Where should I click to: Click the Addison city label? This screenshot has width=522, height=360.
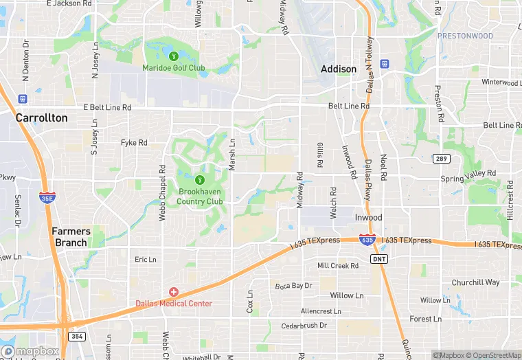339,69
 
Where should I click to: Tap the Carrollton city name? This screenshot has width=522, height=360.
42,117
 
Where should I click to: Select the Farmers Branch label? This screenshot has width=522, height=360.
71,237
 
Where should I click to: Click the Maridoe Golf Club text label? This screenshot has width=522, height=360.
174,67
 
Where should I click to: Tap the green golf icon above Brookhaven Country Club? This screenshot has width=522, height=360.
200,180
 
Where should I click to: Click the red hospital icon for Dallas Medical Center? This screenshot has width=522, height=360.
174,292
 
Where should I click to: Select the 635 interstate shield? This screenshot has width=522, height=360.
367,240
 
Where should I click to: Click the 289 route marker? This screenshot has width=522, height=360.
441,159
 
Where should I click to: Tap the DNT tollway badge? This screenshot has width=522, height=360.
378,258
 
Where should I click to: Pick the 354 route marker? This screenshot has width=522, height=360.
77,336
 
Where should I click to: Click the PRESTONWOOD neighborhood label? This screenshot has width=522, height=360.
464,36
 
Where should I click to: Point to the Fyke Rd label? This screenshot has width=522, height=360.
134,143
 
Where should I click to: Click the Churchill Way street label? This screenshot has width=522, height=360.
475,282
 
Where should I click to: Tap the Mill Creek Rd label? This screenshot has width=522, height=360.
338,265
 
